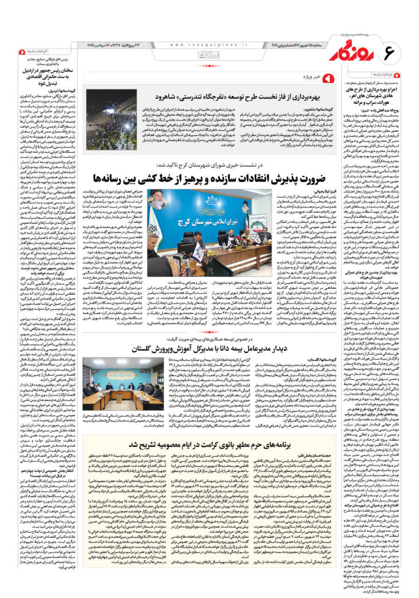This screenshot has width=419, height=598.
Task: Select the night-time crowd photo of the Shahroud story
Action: (x=111, y=120)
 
